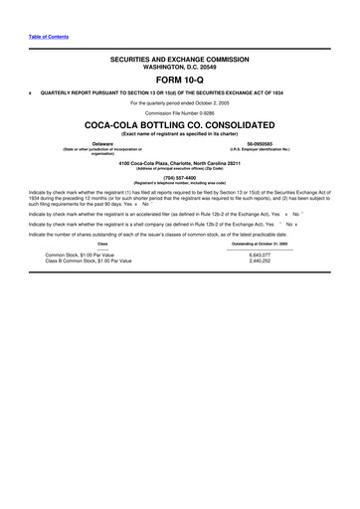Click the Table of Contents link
click(x=49, y=37)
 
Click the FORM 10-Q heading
click(x=180, y=82)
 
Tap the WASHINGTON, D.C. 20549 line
click(x=180, y=68)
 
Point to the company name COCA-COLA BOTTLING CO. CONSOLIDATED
click(x=180, y=125)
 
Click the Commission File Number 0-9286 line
click(x=180, y=113)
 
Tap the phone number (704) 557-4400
click(x=180, y=178)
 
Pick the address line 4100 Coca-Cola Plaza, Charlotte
click(x=180, y=162)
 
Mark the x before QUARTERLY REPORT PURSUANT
click(x=31, y=92)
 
